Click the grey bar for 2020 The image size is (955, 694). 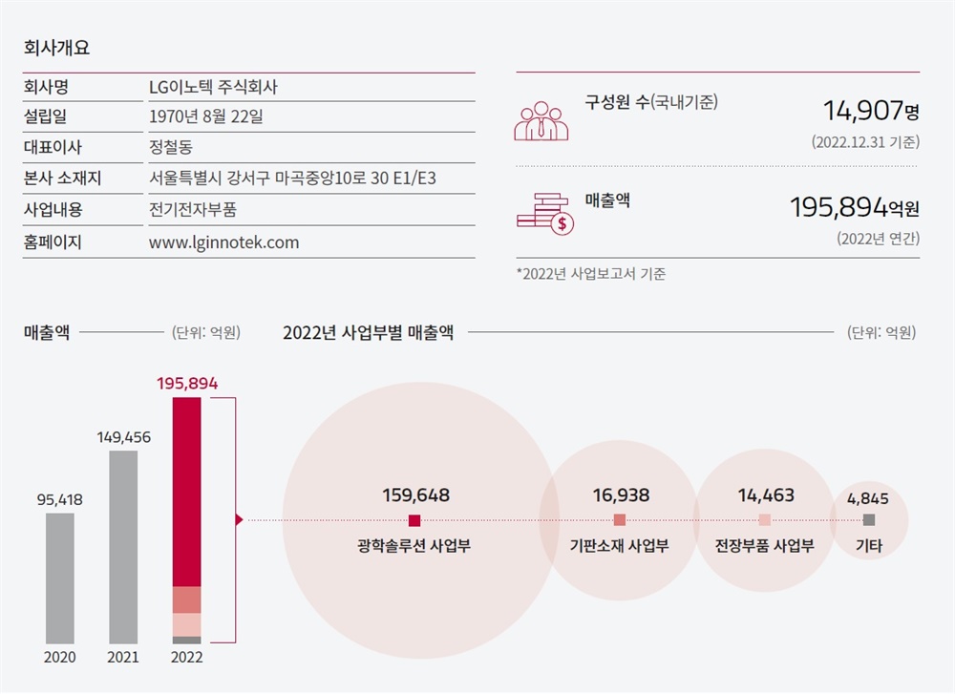(59, 578)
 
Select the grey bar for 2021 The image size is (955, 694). (123, 546)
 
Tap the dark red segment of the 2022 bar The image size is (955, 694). (186, 492)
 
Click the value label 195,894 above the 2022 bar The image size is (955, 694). (187, 383)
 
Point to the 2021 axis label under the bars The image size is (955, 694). (123, 658)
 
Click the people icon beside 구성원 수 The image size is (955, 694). (541, 121)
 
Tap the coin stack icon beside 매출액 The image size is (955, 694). (544, 211)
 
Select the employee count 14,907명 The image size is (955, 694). (871, 111)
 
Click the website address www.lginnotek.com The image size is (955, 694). (224, 242)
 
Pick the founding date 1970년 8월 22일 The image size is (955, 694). (206, 117)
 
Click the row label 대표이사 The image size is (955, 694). (53, 148)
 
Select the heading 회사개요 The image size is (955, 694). (56, 47)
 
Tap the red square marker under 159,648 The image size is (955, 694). (414, 520)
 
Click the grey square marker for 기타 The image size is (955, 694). (868, 520)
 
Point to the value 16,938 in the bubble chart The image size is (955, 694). (621, 495)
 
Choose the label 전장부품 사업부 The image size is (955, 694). (764, 546)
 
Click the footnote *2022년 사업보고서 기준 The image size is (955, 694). (591, 274)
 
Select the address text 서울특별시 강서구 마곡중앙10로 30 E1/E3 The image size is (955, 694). (299, 179)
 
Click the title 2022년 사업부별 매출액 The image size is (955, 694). (369, 333)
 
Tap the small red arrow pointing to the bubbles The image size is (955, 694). (239, 520)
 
